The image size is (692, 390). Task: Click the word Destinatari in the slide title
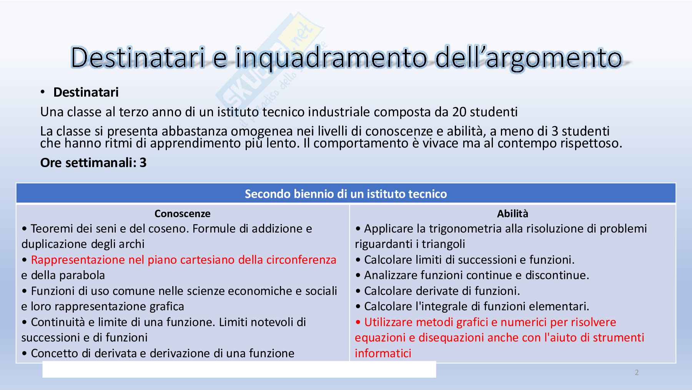tap(138, 58)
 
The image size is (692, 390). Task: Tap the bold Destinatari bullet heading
tap(86, 92)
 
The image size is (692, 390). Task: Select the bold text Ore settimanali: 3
tap(93, 163)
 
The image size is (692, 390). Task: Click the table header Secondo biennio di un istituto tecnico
tap(346, 194)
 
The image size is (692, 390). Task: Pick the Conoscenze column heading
tap(183, 214)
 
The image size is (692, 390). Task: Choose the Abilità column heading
tap(512, 214)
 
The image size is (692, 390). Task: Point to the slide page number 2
tap(637, 372)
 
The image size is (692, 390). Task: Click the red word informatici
tap(383, 353)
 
